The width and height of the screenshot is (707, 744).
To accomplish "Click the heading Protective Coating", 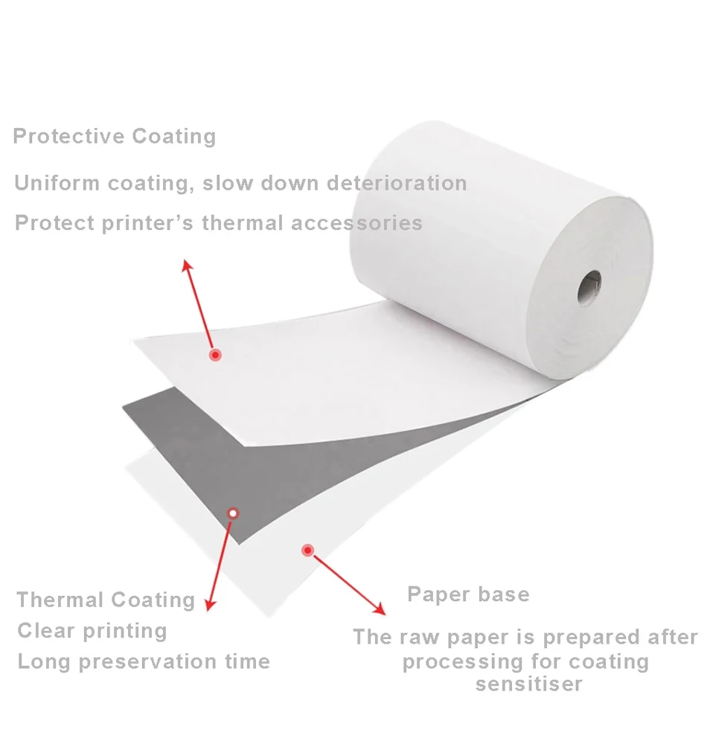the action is coord(115,137).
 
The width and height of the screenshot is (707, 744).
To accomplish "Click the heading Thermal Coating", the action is coord(106,600).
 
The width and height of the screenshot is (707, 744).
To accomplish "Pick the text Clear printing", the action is coord(92,631).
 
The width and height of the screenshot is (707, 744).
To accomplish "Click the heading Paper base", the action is coord(468,594).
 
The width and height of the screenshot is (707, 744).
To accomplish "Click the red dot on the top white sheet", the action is coord(215,355).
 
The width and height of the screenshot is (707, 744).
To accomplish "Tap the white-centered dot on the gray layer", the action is coord(233,513).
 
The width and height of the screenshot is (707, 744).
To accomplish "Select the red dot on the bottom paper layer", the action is coord(307,551).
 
